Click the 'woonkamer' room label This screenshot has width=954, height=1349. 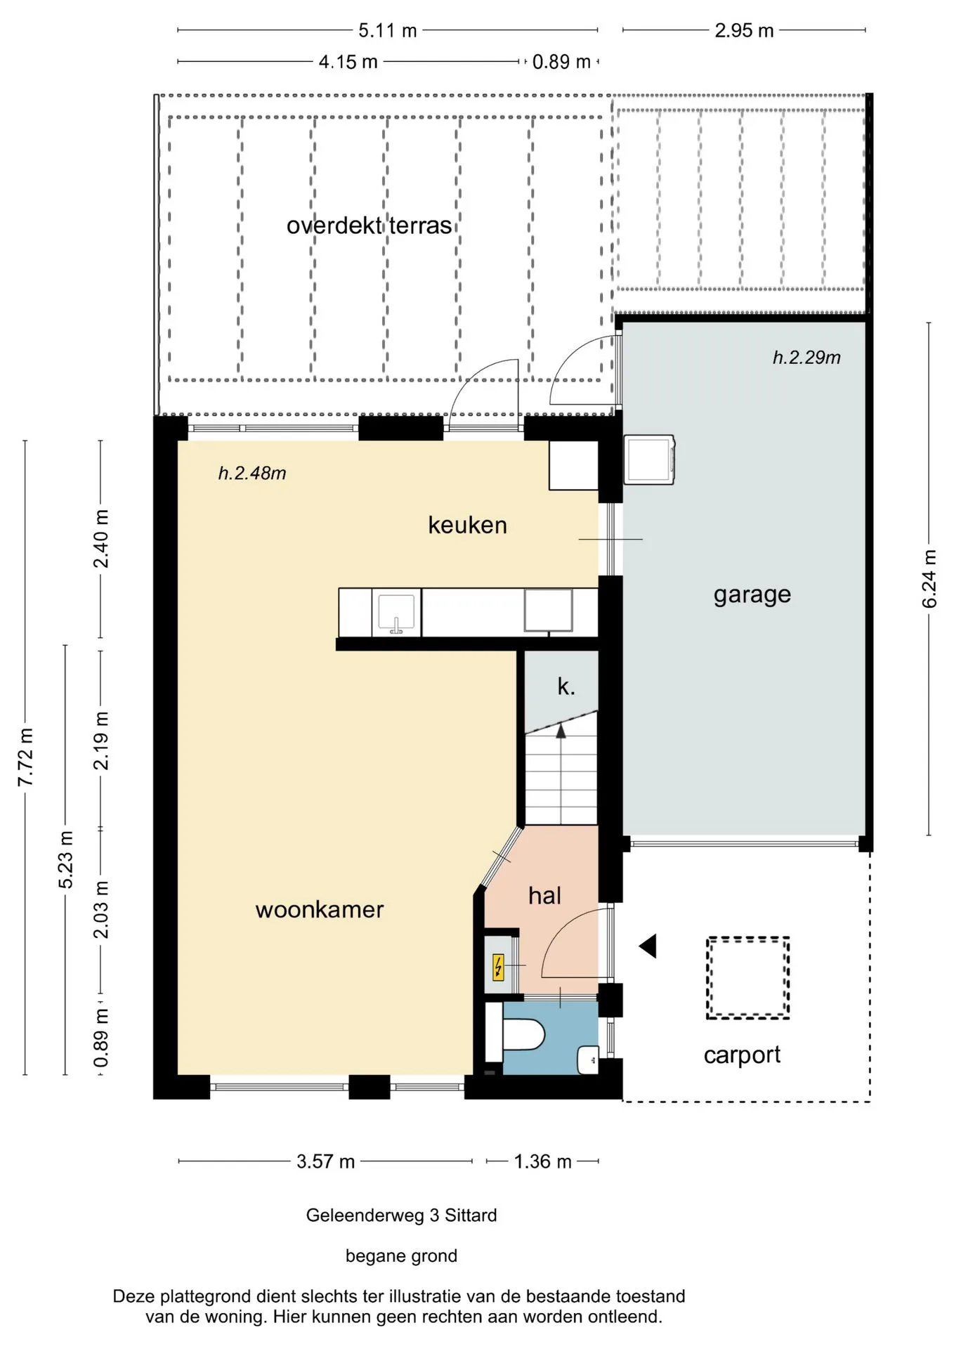point(320,910)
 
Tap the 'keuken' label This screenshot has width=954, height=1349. point(468,526)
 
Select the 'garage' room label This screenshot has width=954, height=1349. point(752,595)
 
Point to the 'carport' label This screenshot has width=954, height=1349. point(742,1055)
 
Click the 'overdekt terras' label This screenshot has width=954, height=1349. point(369,226)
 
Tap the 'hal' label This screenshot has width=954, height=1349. point(545,896)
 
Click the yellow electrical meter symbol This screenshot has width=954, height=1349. point(498,967)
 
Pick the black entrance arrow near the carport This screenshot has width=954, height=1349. point(648,946)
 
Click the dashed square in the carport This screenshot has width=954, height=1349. point(747,978)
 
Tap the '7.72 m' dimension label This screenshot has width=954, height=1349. point(25,757)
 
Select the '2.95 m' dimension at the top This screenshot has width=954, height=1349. point(744,31)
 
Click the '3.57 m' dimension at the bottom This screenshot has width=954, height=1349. point(325,1161)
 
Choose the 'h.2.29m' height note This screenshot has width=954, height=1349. point(806,358)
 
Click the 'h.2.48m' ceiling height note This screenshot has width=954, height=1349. point(252,474)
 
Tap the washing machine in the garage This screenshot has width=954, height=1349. point(649,460)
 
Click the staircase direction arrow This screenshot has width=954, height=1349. point(561,730)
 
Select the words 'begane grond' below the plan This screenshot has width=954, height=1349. point(401,1256)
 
